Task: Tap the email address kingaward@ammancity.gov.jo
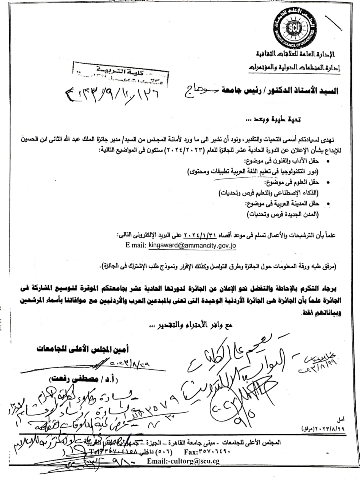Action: [192, 246]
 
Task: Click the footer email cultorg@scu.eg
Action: [183, 461]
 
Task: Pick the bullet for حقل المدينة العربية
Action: [329, 205]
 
